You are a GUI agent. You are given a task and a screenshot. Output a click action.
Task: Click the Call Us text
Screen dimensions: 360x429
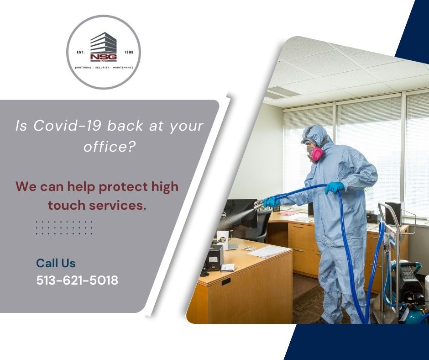point(56,263)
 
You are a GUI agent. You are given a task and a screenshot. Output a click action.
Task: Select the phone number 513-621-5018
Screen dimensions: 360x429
point(77,280)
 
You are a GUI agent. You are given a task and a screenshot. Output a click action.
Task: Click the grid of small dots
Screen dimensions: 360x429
point(64,228)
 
